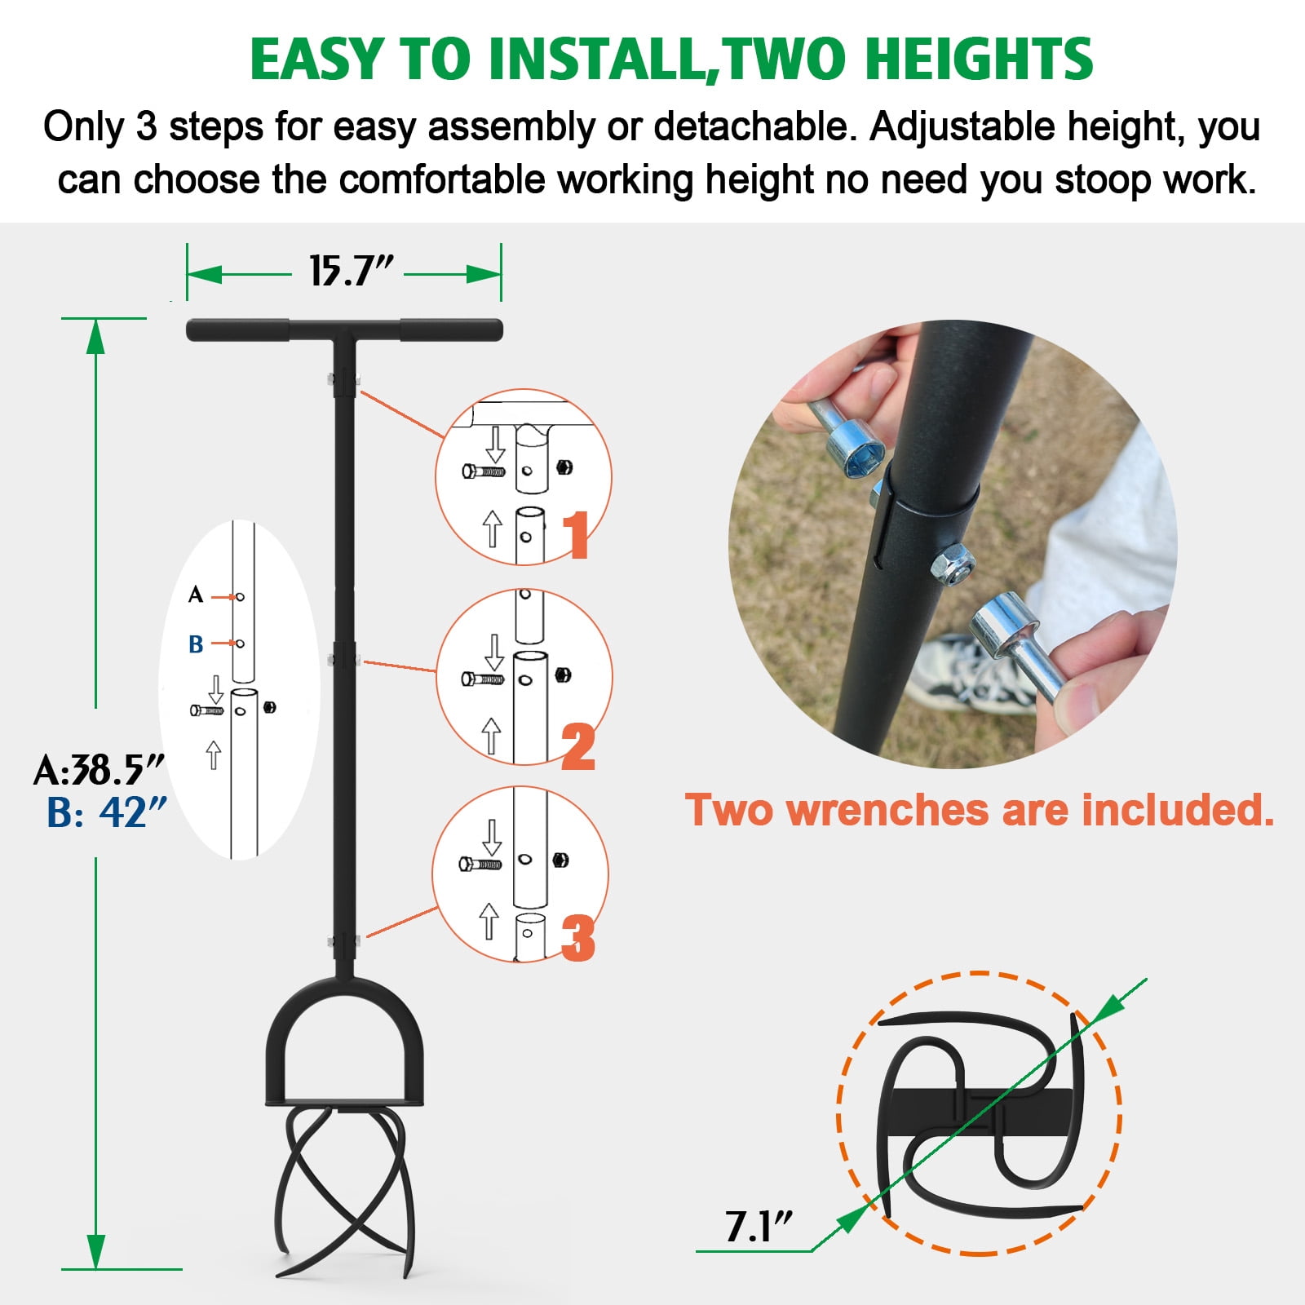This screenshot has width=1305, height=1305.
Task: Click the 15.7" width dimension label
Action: [351, 271]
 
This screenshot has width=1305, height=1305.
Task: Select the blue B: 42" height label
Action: [107, 812]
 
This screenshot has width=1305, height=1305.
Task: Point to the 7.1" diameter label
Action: [759, 1226]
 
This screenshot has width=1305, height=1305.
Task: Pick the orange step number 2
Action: [578, 746]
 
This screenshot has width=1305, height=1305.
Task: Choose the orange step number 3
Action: [578, 938]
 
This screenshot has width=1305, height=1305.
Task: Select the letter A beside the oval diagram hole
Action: [196, 595]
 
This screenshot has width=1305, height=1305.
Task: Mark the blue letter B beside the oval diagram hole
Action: [196, 644]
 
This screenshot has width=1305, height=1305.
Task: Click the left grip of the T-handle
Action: [237, 330]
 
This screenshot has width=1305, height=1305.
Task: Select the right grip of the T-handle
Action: [451, 330]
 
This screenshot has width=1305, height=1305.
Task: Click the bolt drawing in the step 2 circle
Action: [483, 679]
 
